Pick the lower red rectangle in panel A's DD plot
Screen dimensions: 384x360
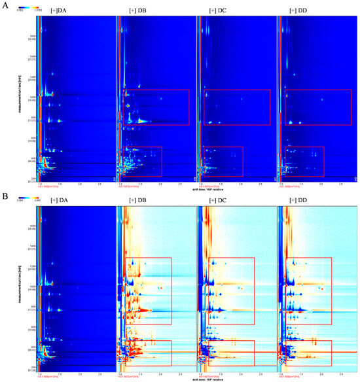pos(305,161)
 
